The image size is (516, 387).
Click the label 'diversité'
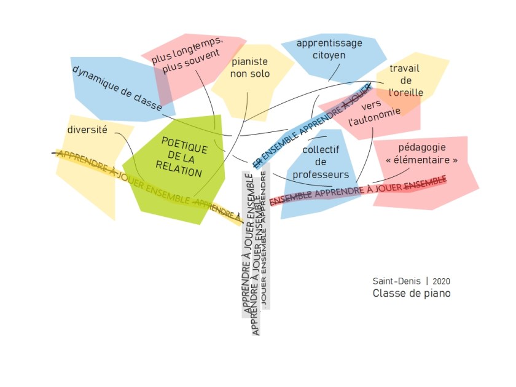pyautogui.click(x=87, y=130)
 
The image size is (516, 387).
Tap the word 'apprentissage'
pyautogui.click(x=329, y=43)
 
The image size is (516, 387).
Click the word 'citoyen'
pyautogui.click(x=329, y=55)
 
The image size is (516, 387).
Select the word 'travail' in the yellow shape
pyautogui.click(x=405, y=68)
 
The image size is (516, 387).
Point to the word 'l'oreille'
pyautogui.click(x=406, y=93)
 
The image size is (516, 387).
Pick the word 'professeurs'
pyautogui.click(x=321, y=174)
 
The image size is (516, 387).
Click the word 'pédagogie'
pyautogui.click(x=422, y=147)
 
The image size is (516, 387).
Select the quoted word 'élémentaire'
pyautogui.click(x=422, y=160)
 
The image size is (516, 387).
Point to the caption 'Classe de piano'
pyautogui.click(x=412, y=294)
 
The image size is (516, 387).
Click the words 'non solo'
pyautogui.click(x=250, y=74)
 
